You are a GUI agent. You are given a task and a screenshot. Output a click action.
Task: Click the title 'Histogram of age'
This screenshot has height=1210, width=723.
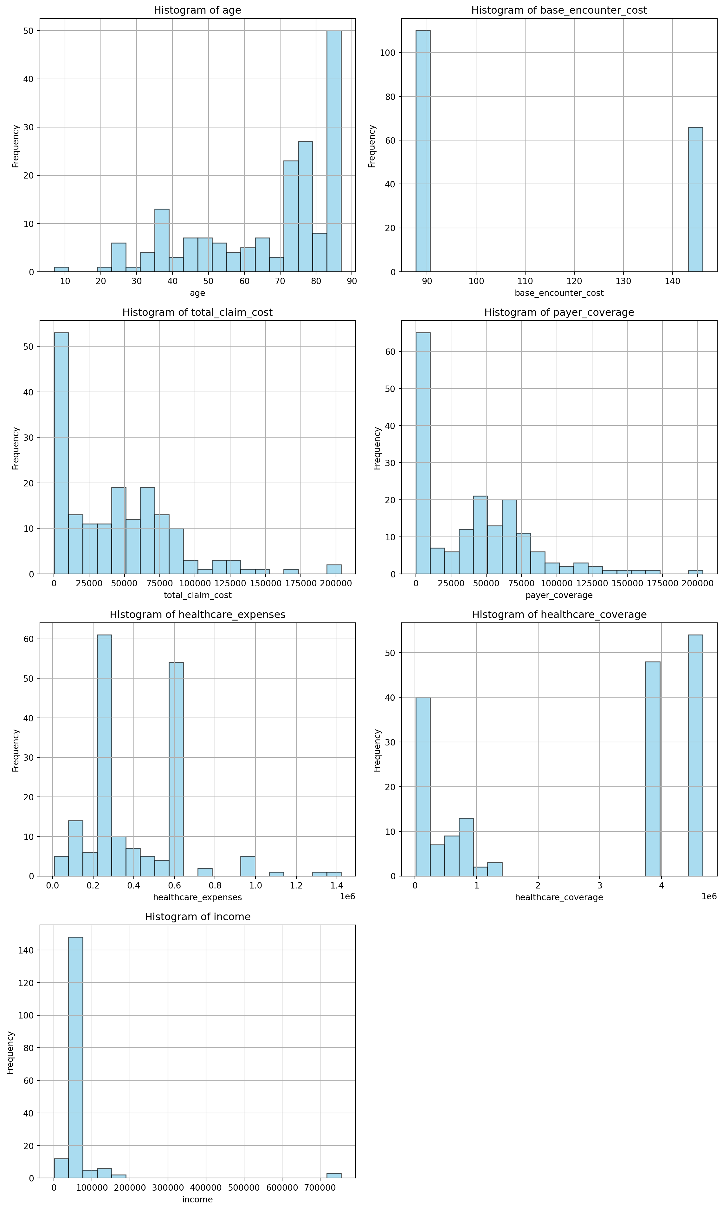click(197, 10)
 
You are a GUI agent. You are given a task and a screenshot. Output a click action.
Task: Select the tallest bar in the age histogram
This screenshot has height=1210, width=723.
click(334, 151)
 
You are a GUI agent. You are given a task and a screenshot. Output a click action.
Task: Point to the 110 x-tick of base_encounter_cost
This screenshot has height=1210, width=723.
click(525, 281)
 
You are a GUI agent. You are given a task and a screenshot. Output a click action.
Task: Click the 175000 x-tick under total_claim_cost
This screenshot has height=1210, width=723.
click(300, 583)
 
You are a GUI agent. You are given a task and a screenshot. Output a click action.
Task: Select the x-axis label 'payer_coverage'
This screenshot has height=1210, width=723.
click(559, 595)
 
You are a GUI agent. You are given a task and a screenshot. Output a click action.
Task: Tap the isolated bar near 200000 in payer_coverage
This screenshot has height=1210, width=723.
click(695, 572)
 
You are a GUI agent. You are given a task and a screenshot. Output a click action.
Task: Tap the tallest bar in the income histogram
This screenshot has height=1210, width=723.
click(75, 1057)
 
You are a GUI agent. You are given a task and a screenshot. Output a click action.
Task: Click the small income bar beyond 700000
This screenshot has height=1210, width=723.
click(334, 1175)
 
